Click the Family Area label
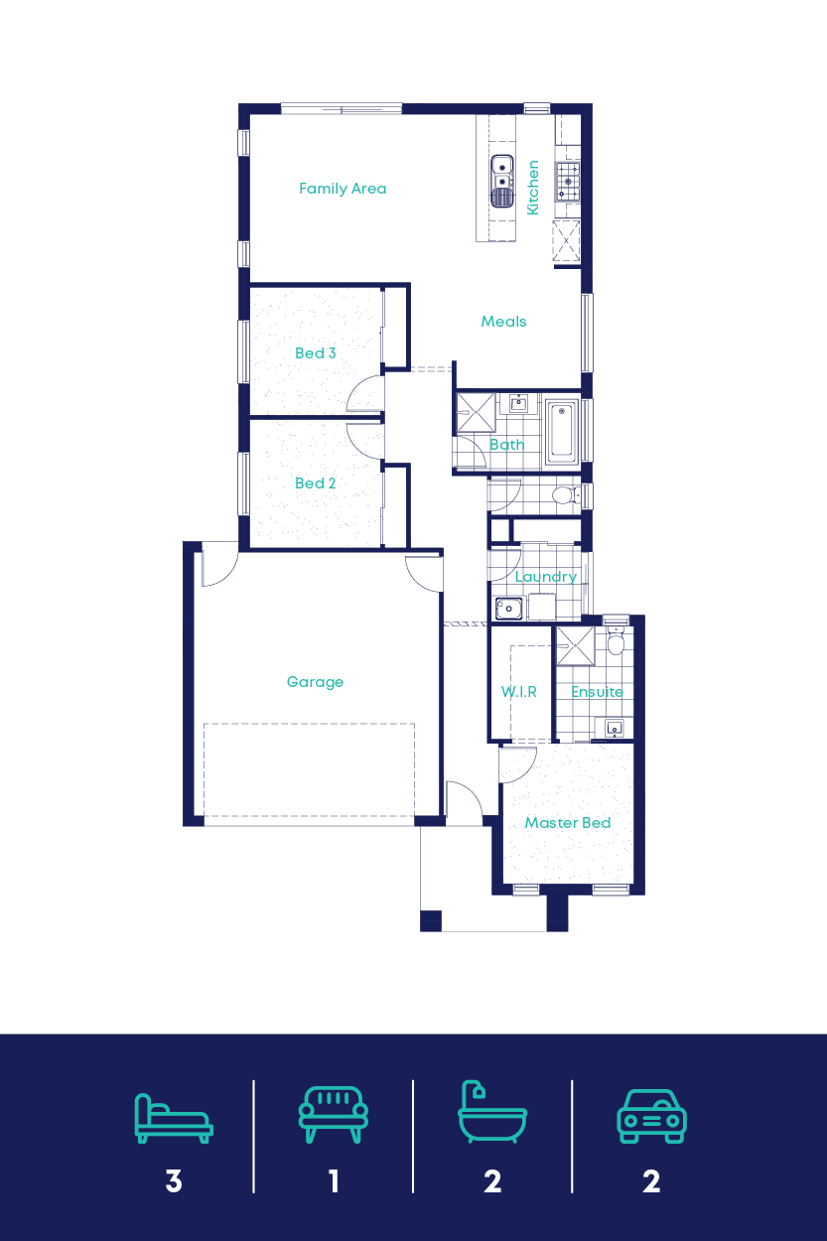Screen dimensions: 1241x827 point(343,189)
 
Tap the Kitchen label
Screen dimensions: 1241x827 point(533,188)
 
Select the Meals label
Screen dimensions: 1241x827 point(503,322)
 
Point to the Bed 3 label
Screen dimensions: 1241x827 point(316,353)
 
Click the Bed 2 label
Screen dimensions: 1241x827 point(316,483)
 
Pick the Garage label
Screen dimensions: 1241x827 point(315,682)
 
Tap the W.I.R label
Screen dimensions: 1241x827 point(518,692)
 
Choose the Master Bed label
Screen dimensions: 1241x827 point(568,823)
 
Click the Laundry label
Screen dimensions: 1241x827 point(545,577)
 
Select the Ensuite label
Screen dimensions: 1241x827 point(597,692)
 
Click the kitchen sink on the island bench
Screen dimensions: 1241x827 point(501,181)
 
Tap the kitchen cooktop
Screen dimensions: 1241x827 point(568,181)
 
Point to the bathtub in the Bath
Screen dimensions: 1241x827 point(561,432)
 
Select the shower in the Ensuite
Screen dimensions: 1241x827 point(573,646)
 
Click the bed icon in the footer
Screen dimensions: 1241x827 point(174,1118)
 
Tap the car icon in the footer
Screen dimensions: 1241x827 point(651,1117)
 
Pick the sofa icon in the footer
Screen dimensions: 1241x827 point(333,1115)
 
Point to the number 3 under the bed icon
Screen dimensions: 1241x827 point(174,1181)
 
